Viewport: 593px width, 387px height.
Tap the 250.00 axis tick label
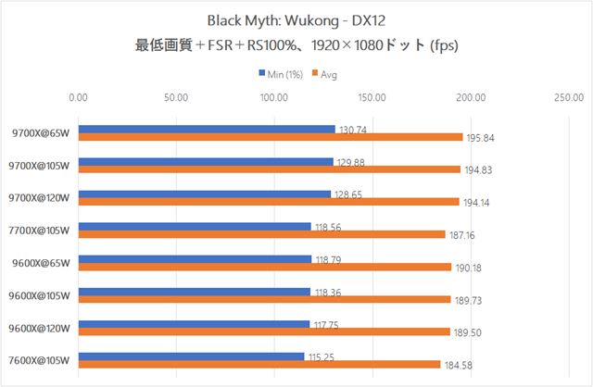[566, 95]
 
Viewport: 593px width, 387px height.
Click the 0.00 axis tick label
[79, 95]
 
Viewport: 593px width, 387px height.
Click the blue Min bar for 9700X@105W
[206, 161]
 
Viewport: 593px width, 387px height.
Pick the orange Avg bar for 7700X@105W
[262, 234]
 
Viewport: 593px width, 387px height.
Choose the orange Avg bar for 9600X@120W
[264, 331]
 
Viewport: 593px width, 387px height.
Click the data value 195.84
[481, 138]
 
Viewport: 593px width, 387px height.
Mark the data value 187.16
[464, 235]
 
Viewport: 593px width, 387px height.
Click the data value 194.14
[477, 203]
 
